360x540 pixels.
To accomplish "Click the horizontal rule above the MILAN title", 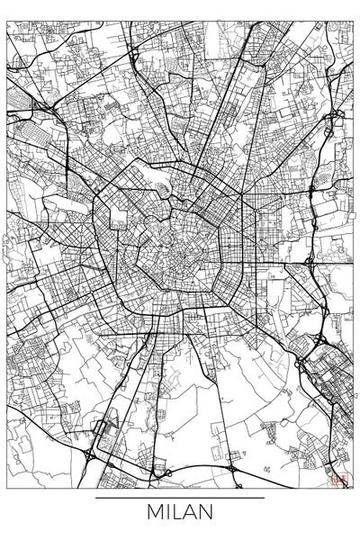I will coord(180,497).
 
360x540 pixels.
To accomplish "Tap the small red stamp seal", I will coord(340,480).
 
